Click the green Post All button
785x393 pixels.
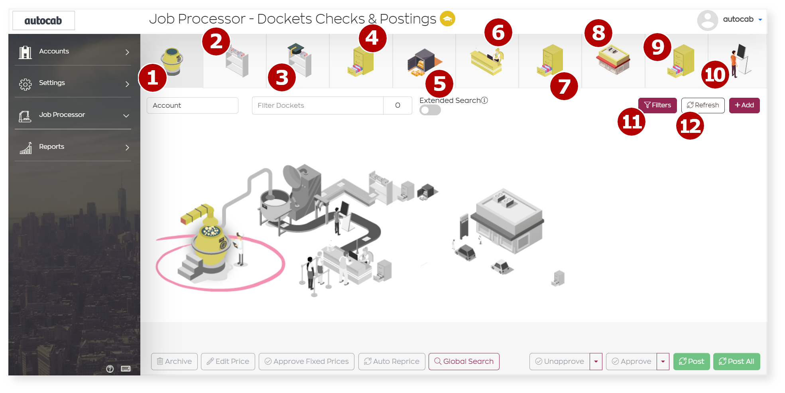click(736, 361)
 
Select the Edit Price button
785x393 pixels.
click(228, 361)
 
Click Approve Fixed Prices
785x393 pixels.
click(306, 361)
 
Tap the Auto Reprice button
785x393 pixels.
click(392, 361)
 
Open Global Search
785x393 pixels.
click(464, 361)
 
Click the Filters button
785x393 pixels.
click(657, 105)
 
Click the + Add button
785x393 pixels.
click(744, 105)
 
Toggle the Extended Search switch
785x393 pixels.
click(430, 110)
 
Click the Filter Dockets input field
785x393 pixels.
click(317, 106)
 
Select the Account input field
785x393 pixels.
click(192, 106)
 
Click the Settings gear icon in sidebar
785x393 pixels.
click(25, 84)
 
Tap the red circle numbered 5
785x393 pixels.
click(439, 84)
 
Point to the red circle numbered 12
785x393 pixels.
click(690, 126)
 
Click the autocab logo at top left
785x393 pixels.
click(43, 21)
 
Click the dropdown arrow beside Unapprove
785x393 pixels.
click(596, 361)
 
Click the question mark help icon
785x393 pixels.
click(110, 369)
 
